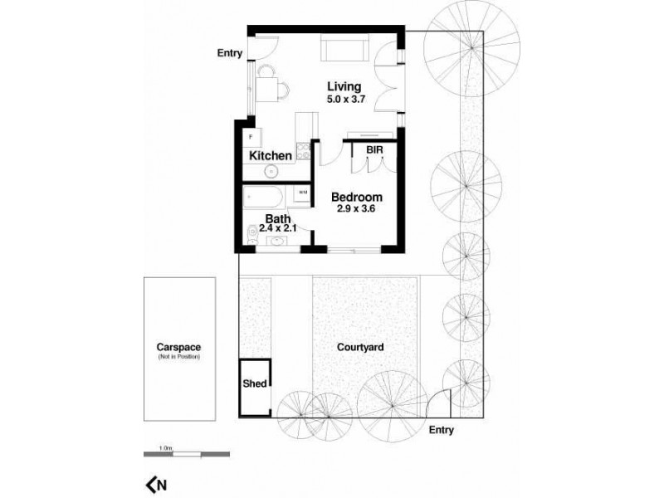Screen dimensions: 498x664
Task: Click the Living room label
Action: tap(344, 86)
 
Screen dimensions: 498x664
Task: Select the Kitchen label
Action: tap(270, 155)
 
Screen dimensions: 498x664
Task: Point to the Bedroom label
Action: tap(357, 197)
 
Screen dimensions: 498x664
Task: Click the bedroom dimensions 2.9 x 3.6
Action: tap(357, 209)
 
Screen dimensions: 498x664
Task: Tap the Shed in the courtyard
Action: tap(254, 384)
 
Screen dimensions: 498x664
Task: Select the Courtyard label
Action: tap(359, 349)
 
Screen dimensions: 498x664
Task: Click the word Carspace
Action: tap(179, 347)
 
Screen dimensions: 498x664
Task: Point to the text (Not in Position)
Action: tap(179, 357)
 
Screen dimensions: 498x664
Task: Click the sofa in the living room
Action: tap(343, 49)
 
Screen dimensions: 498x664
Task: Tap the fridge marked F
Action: tap(251, 135)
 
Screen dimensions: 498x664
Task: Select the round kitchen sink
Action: tap(271, 172)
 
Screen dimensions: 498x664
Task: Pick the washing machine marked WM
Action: tap(302, 193)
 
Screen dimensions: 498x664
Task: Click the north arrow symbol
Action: tap(155, 484)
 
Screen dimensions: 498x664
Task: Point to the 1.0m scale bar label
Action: tap(168, 448)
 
